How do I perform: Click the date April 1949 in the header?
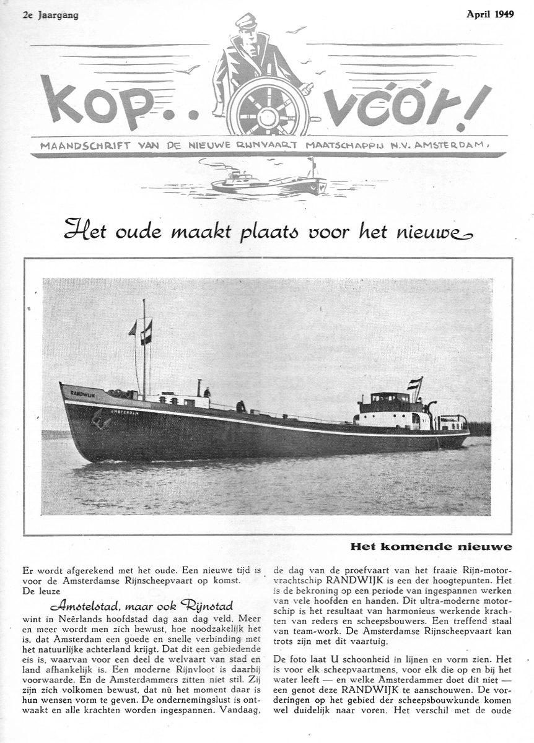(x=490, y=15)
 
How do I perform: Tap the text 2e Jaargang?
(x=50, y=15)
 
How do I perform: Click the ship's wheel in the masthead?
(x=268, y=107)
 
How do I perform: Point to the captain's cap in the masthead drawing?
(x=246, y=20)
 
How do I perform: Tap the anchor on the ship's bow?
(x=97, y=420)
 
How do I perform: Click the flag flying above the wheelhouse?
(x=414, y=385)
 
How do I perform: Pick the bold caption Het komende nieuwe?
(x=431, y=547)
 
